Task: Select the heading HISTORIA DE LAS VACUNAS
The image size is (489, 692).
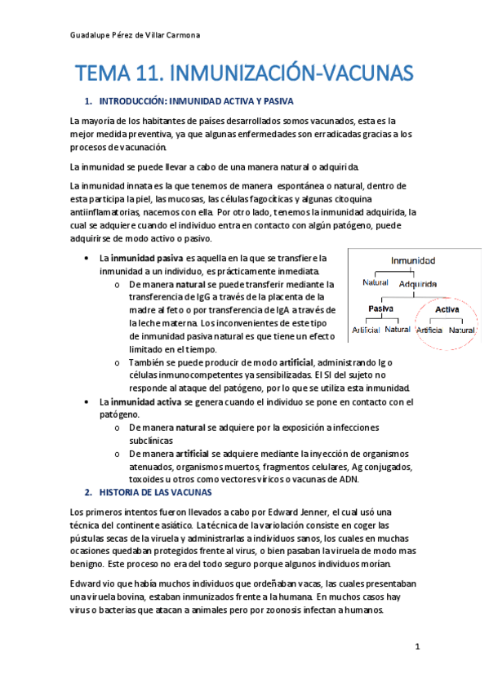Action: click(x=155, y=493)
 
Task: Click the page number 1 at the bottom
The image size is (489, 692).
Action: click(x=417, y=647)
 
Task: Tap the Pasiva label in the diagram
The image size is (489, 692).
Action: click(x=381, y=309)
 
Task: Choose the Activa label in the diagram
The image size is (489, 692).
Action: click(x=447, y=309)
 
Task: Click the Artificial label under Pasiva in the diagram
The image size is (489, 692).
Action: click(x=365, y=330)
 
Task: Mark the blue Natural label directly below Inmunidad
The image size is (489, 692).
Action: click(x=376, y=283)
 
